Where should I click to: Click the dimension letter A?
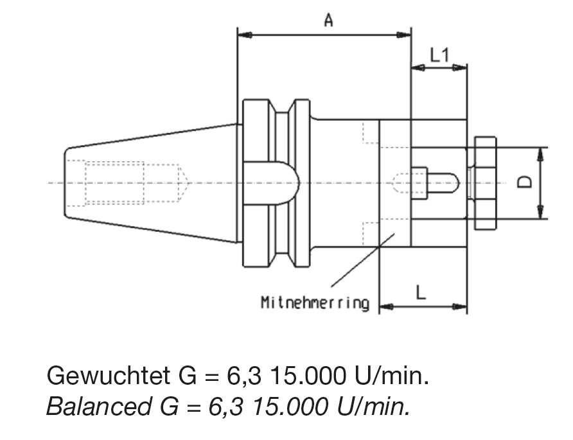coord(328,20)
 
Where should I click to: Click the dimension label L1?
coord(439,55)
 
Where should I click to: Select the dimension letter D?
coord(525,182)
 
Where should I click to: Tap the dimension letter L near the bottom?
coord(421,292)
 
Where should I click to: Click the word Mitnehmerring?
coord(315,303)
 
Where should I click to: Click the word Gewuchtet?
coord(108,375)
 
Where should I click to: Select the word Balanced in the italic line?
coord(99,406)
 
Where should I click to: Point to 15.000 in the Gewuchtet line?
coord(308,375)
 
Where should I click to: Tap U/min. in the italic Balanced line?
coord(373,406)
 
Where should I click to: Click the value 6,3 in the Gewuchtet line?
coord(244,376)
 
